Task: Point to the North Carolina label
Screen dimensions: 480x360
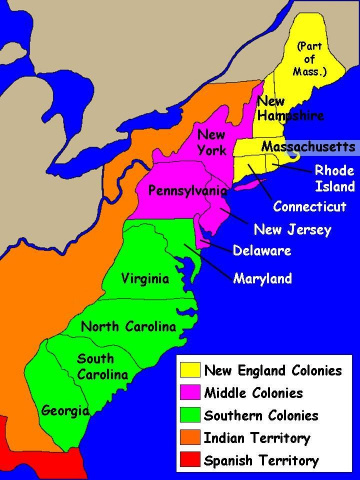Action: click(128, 327)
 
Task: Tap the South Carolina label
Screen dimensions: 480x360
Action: click(101, 366)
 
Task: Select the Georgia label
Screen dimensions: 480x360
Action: click(65, 410)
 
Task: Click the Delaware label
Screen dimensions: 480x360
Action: click(261, 250)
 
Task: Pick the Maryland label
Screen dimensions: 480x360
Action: click(262, 278)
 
